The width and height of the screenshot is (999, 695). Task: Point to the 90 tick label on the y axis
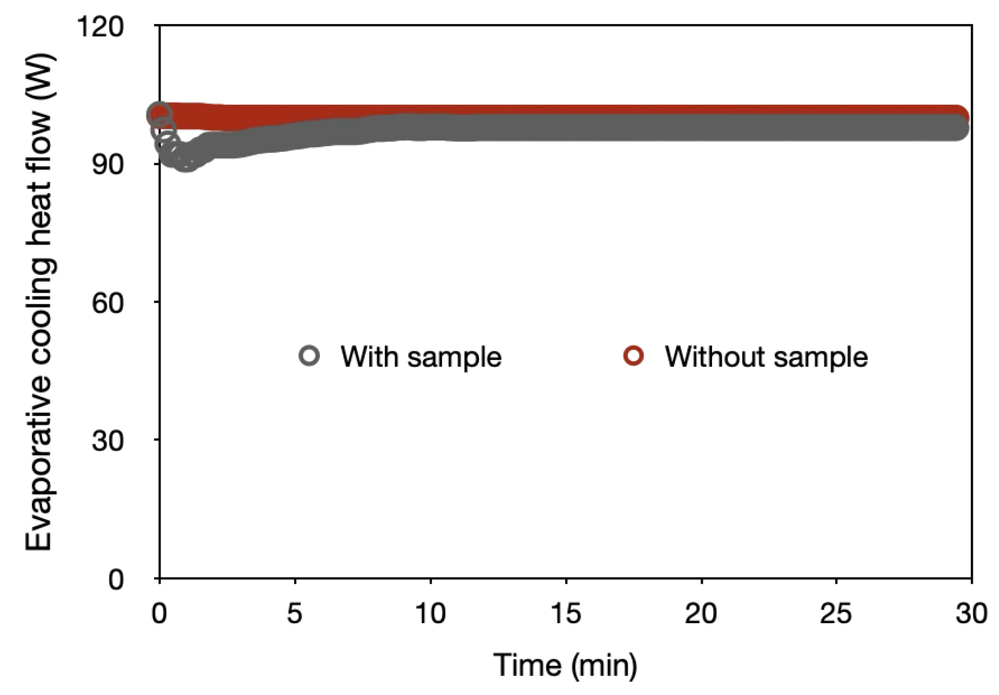(x=108, y=164)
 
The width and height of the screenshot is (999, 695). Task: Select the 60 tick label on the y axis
(x=108, y=303)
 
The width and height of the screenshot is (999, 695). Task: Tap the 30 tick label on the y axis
(x=108, y=441)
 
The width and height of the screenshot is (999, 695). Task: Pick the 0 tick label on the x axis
(x=159, y=613)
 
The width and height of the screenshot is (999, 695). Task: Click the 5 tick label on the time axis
(x=295, y=613)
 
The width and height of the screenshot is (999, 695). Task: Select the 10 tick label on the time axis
(x=430, y=613)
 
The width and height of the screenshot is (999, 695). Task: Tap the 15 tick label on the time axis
(x=565, y=613)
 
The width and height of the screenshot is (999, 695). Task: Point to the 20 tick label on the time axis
(x=701, y=613)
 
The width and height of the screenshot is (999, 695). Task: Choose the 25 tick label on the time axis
(x=836, y=613)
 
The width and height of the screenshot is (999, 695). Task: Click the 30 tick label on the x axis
(x=971, y=613)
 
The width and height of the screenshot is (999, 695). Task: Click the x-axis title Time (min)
(x=565, y=665)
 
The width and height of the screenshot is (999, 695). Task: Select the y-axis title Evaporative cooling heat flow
(x=40, y=303)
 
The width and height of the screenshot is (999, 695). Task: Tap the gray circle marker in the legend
(x=309, y=355)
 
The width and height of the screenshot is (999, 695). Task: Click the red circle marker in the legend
(x=633, y=355)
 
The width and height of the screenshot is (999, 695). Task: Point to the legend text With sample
(x=421, y=356)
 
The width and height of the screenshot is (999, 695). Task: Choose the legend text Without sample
(x=766, y=356)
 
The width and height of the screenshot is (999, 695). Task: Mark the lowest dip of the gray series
(x=186, y=160)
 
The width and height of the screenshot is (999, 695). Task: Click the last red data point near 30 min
(x=958, y=116)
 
